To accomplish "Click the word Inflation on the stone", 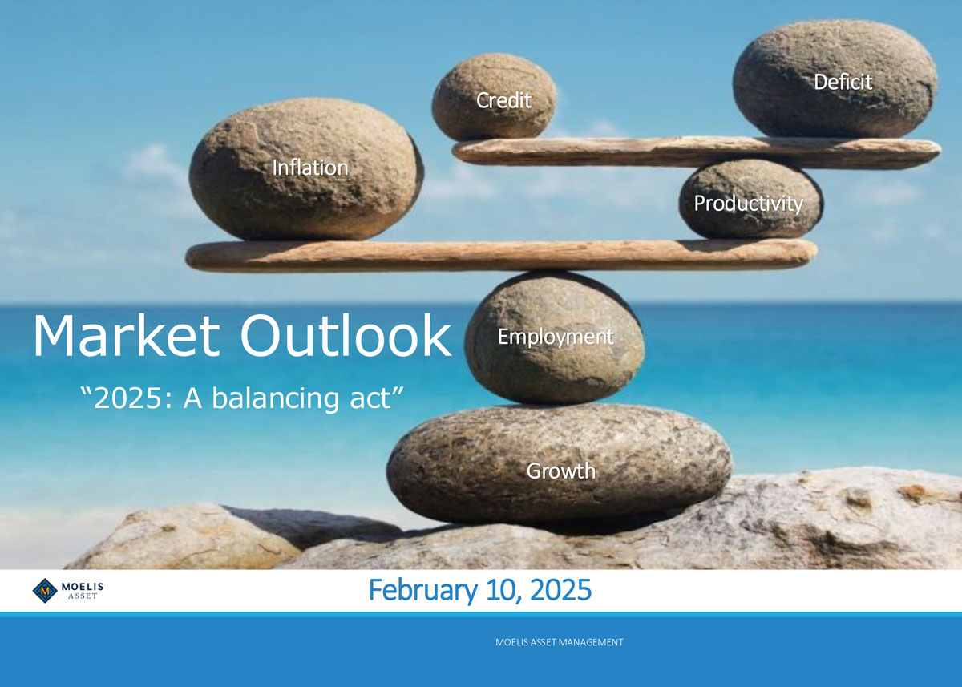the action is [310, 168].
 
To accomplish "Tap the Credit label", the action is [503, 100].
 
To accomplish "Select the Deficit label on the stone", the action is [843, 82].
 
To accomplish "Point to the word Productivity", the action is [749, 204].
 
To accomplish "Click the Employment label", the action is [556, 337].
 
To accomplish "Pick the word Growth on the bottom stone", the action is [561, 471].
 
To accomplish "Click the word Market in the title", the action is [127, 336].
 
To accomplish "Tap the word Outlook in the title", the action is [346, 336].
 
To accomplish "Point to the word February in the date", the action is [423, 590].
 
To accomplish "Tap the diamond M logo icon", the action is [45, 591].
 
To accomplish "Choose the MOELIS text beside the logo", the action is [83, 586].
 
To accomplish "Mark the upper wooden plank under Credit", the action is [697, 152].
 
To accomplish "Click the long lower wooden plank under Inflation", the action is [501, 255].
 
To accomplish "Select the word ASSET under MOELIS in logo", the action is [83, 596].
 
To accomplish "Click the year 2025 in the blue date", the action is [561, 590].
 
